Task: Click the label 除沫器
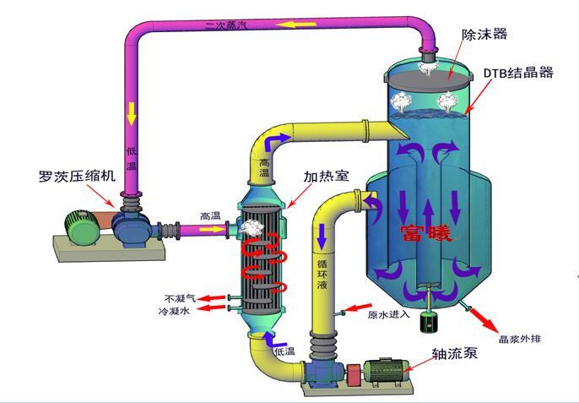pyautogui.click(x=484, y=35)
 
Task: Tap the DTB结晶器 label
pyautogui.click(x=518, y=73)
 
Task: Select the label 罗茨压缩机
pyautogui.click(x=73, y=177)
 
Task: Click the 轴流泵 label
pyautogui.click(x=454, y=353)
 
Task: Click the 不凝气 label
pyautogui.click(x=180, y=298)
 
